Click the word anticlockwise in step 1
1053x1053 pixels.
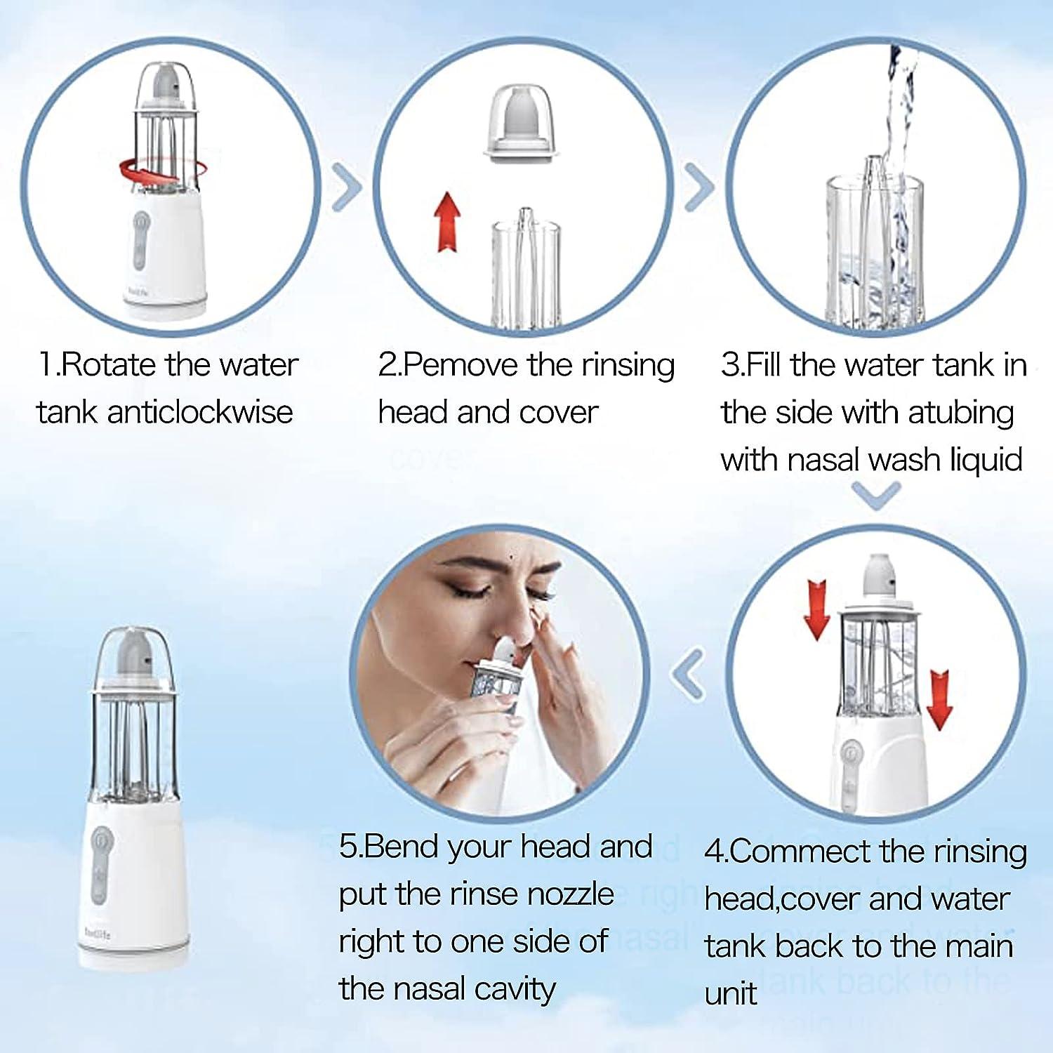pos(199,412)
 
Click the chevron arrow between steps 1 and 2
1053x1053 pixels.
pos(346,187)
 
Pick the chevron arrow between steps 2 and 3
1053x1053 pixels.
pos(698,187)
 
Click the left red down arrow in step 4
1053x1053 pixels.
pos(816,609)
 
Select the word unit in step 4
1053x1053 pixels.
pos(730,994)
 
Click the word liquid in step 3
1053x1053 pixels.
pos(986,461)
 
